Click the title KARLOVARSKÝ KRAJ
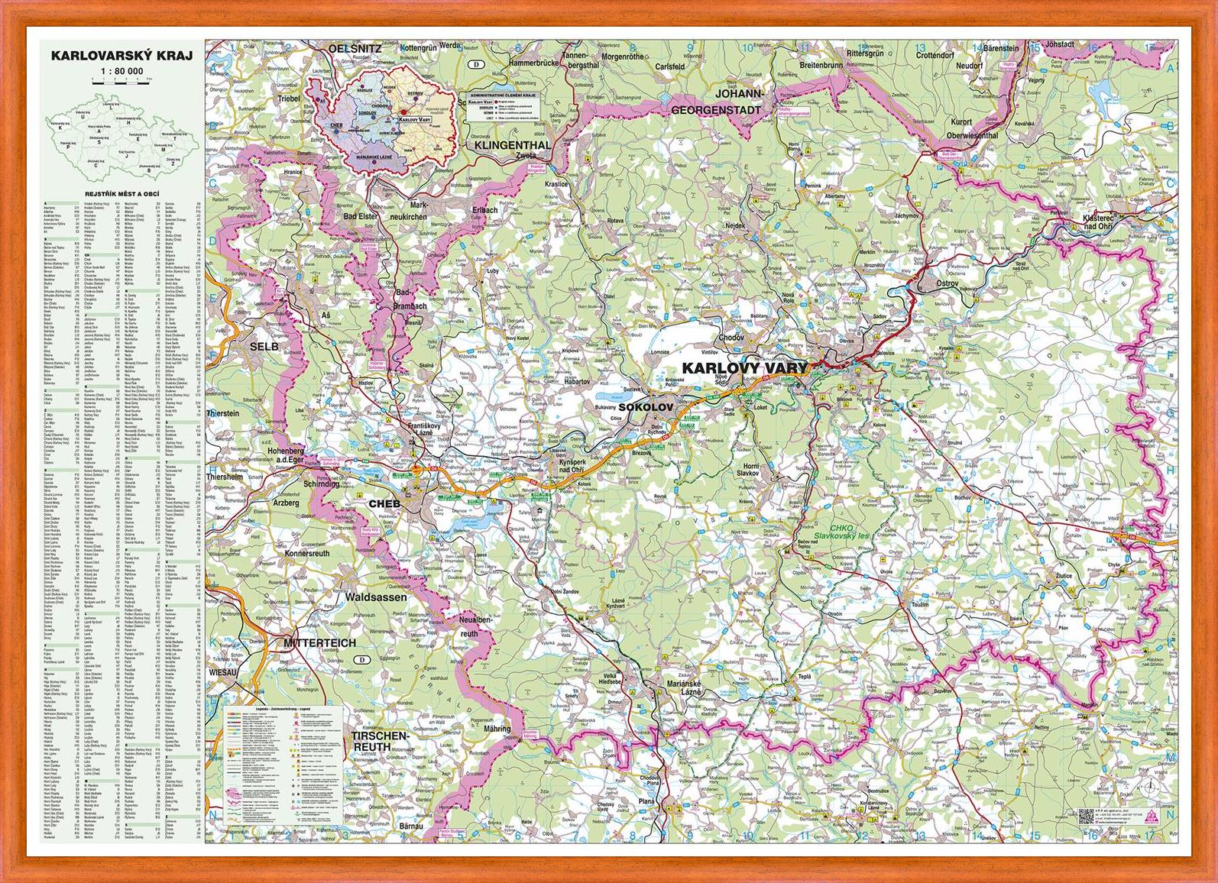tap(121, 56)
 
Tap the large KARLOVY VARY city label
tap(744, 368)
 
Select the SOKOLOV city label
tap(646, 407)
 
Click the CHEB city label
tap(384, 503)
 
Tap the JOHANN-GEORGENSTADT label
tap(716, 102)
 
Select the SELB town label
tap(264, 346)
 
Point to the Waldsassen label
tap(376, 597)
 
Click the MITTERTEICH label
tap(319, 642)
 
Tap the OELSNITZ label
tap(355, 48)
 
